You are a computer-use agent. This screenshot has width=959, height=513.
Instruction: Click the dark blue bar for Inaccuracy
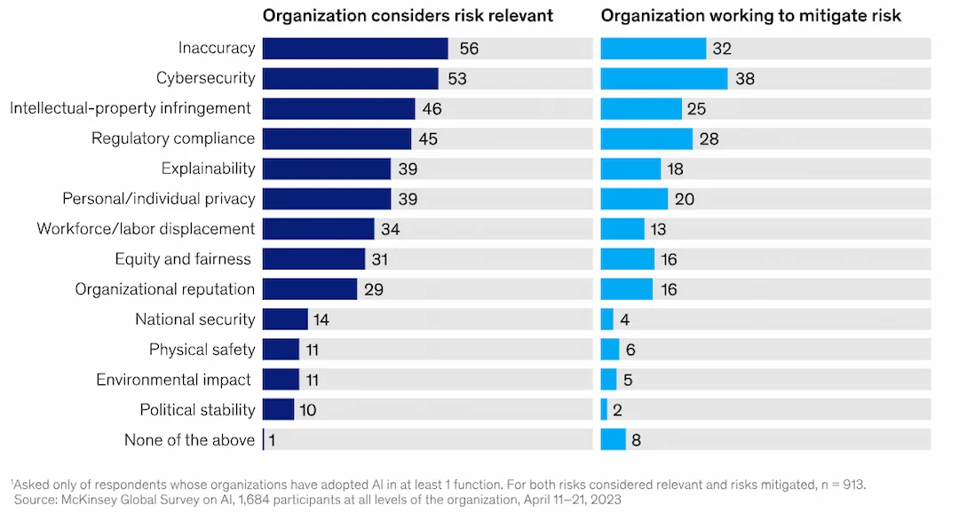coord(355,49)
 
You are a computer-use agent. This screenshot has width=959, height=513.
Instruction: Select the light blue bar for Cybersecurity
coord(664,79)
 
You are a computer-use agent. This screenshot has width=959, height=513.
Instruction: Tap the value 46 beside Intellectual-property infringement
coord(432,109)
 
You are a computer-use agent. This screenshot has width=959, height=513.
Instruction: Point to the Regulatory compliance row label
coord(173,138)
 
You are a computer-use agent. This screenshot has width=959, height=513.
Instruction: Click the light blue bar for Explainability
coord(630,169)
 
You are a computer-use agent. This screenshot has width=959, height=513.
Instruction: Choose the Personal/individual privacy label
coord(158,199)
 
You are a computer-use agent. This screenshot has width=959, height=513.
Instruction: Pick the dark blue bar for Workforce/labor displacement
coord(319,229)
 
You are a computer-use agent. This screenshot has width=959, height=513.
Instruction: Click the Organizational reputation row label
coord(164,289)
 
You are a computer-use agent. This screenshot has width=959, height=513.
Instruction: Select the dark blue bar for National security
coord(285,320)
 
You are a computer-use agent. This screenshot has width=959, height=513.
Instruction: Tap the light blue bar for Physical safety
coord(610,350)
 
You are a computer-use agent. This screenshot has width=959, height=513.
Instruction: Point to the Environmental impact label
coord(173,380)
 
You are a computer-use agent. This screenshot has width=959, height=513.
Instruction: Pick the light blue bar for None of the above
coord(613,440)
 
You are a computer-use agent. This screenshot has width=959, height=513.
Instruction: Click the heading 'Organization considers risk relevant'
coord(408,15)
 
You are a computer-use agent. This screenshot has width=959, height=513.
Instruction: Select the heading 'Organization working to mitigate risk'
coord(751,15)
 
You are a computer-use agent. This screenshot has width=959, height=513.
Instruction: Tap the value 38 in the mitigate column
coord(745,79)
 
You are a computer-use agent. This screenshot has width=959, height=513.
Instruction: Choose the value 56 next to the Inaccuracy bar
coord(469,49)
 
